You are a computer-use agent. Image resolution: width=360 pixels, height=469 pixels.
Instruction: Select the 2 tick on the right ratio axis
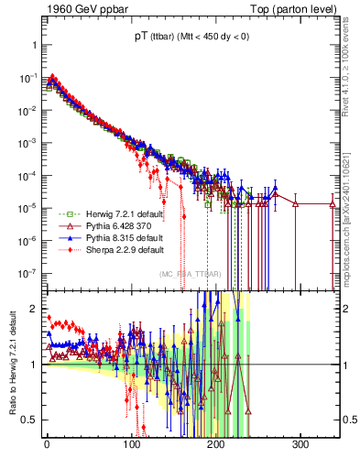coord(347,309)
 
